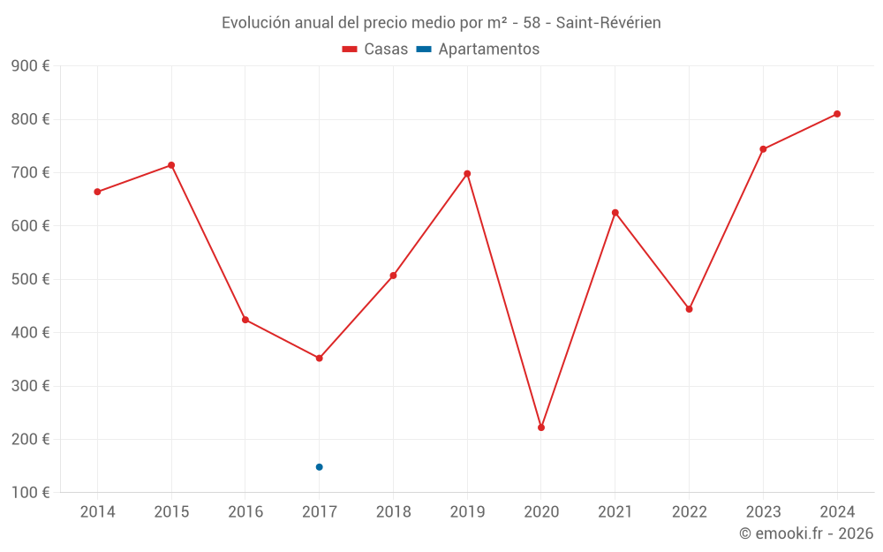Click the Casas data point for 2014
pos(97,192)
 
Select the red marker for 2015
pos(171,165)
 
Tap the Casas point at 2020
pos(541,427)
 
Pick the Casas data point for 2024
pos(837,114)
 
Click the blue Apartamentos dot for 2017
pos(320,467)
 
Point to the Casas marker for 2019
pos(467,174)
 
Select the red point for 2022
pos(689,309)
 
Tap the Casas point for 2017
pos(320,358)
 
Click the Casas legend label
pos(386,49)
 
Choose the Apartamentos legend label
pos(488,49)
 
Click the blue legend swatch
pos(424,49)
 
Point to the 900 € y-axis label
pos(30,66)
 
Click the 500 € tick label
pos(30,279)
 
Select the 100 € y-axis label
pos(30,492)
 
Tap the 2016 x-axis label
pos(245,512)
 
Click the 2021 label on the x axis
pos(615,512)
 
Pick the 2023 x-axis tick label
pos(763,512)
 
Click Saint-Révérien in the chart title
pos(608,23)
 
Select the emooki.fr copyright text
pos(806,533)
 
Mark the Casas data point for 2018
pos(393,276)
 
